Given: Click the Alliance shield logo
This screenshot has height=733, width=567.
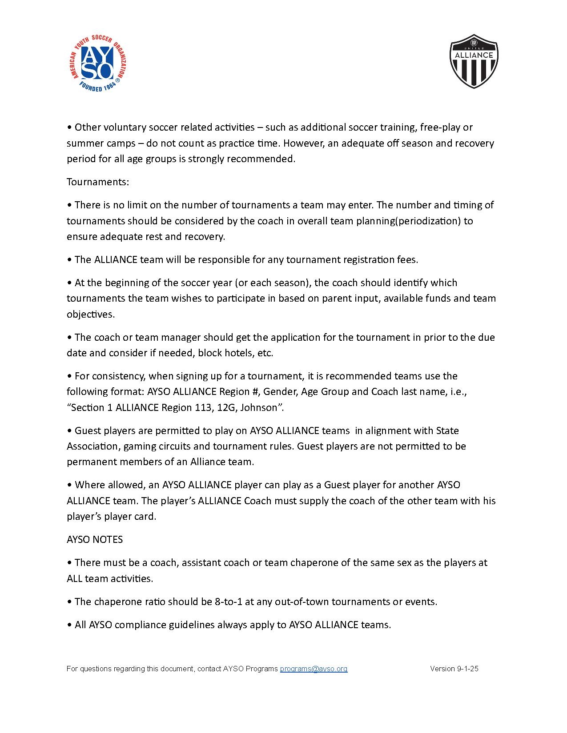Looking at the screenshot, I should click(x=474, y=61).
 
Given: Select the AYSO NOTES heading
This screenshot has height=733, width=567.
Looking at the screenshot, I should click(x=95, y=539).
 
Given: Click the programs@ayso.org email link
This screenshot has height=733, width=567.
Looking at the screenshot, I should click(x=314, y=669).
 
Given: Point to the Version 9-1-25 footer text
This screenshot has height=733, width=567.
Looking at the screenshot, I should click(x=454, y=669).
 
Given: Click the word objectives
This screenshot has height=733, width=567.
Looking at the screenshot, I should click(x=91, y=314).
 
